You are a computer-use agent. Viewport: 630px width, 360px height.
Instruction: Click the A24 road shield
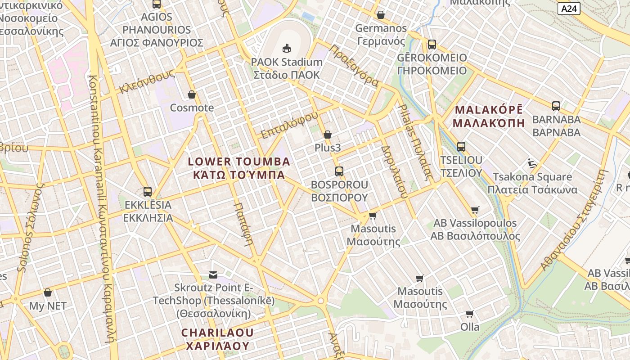point(569,8)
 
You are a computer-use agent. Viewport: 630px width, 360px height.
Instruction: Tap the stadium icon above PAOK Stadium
point(286,48)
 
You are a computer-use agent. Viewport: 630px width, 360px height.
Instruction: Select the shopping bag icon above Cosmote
point(192,94)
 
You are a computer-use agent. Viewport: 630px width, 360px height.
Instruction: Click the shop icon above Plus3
point(328,135)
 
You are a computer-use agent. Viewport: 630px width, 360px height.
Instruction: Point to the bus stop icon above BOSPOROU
point(339,171)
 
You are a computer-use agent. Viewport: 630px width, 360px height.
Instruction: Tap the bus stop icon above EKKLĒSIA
point(148,192)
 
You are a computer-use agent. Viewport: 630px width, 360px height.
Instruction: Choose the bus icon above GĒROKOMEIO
point(432,45)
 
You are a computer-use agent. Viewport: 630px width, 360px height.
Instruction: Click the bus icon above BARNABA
point(556,106)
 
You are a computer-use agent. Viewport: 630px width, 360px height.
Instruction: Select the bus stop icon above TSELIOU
point(461,146)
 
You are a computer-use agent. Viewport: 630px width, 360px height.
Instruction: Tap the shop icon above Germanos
point(381,15)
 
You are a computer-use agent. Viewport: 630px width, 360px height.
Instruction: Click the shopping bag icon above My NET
point(48,292)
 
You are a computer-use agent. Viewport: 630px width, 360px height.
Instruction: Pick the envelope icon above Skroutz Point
point(213,274)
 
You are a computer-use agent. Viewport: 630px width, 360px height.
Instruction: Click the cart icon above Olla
point(470,314)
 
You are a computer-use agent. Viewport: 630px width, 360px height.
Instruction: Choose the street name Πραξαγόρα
point(354,65)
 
